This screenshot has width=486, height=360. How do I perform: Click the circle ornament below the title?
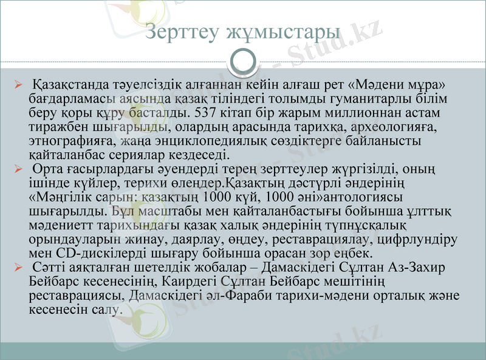pyautogui.click(x=243, y=60)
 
